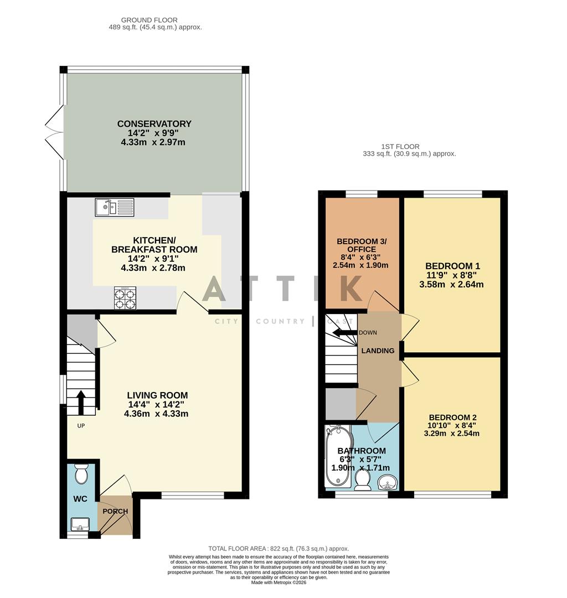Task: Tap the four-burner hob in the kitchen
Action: point(125,298)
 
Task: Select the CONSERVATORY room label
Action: point(154,124)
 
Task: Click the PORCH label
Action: point(115,511)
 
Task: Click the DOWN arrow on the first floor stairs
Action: point(343,333)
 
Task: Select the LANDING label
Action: point(378,350)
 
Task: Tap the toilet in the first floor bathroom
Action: point(364,479)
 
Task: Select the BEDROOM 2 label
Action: point(452,417)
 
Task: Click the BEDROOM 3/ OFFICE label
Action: point(362,246)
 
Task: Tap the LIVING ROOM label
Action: point(157,395)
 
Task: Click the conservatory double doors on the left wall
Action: point(55,133)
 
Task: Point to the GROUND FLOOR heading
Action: point(142,20)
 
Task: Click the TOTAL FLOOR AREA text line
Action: point(279,549)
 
